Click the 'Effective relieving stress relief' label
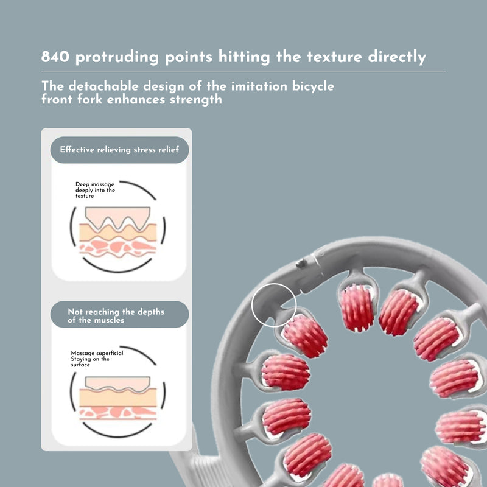pos(119,149)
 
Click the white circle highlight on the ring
pos(273,305)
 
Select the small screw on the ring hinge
pos(300,264)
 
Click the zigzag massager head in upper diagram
pos(117,217)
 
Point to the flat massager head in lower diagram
pos(117,382)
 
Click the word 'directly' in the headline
pos(396,57)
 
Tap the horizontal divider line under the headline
pos(243,72)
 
